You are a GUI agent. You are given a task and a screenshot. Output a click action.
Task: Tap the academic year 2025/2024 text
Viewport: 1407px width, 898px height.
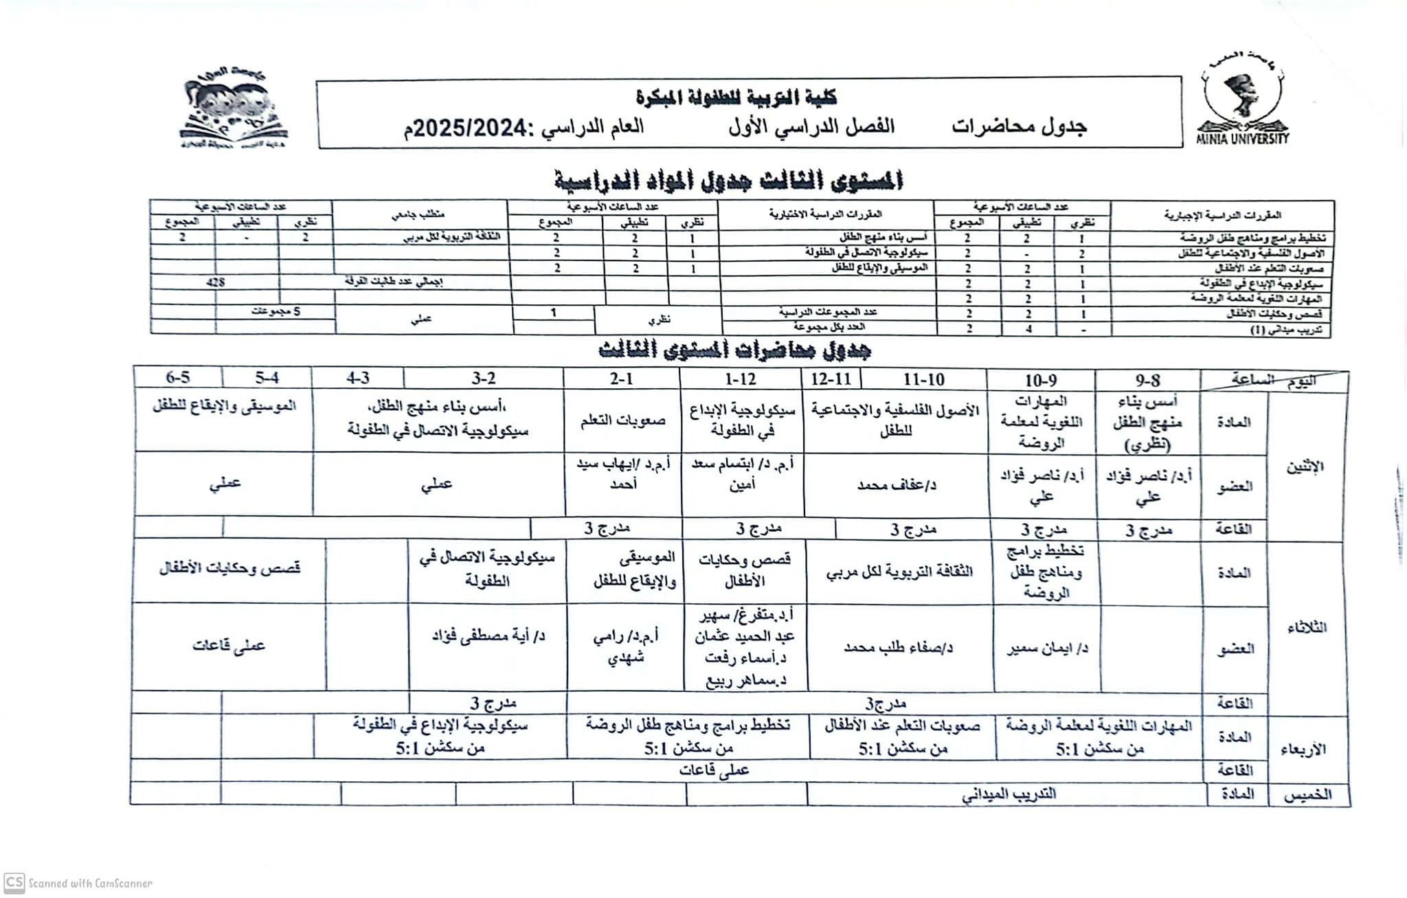click(524, 127)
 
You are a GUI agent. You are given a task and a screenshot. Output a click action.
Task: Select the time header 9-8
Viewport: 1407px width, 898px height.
click(1147, 380)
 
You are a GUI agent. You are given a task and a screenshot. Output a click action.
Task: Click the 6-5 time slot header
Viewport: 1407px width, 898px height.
click(178, 377)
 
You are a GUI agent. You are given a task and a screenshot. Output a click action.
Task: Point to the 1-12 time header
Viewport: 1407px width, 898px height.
click(740, 379)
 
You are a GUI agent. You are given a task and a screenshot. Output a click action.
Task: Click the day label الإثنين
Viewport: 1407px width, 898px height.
click(1305, 467)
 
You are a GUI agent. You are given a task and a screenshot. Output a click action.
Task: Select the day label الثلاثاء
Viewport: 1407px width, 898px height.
click(1306, 627)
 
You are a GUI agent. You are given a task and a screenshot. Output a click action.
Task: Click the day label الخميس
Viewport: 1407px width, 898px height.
click(1308, 794)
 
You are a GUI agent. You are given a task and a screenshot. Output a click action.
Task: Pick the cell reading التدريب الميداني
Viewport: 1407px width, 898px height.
click(1009, 794)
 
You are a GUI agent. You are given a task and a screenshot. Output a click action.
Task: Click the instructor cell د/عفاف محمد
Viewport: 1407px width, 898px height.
click(897, 485)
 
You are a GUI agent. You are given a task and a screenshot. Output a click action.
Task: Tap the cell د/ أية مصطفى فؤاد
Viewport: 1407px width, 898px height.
click(488, 636)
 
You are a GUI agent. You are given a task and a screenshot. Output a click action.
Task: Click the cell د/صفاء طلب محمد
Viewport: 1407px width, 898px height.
click(898, 647)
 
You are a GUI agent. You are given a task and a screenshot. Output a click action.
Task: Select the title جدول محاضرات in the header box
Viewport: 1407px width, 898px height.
click(1020, 127)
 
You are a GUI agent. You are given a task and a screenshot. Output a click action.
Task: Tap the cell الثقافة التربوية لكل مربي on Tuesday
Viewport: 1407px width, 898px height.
click(899, 572)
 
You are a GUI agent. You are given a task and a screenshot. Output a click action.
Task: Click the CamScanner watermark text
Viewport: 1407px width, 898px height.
click(89, 884)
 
